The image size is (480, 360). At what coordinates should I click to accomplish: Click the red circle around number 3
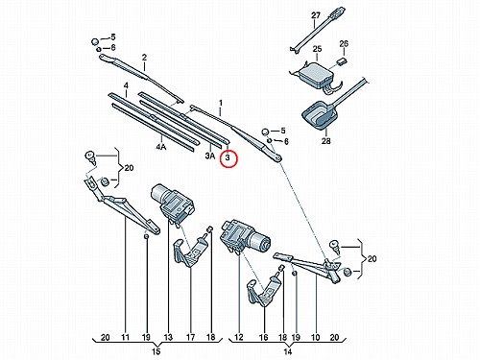228,158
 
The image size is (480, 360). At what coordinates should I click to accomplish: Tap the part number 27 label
316,15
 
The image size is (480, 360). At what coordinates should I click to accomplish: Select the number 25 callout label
317,49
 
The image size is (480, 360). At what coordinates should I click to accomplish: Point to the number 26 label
344,43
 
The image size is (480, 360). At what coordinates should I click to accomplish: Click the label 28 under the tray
325,140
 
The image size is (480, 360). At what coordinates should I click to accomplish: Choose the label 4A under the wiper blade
161,147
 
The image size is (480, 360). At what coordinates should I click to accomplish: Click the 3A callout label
210,156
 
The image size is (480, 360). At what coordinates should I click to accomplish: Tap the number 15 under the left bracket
156,351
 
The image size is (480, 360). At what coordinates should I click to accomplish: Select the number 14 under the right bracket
288,351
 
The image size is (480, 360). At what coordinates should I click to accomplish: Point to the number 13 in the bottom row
168,337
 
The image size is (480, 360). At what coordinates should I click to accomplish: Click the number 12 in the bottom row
239,337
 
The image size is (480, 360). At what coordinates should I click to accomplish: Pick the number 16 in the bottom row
263,337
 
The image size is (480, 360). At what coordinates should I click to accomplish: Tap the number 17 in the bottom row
190,337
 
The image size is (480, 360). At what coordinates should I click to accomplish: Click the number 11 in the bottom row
125,337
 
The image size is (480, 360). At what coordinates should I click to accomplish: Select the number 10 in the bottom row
316,337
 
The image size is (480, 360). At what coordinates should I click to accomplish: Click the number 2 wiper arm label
144,58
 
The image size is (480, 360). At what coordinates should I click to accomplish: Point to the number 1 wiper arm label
221,103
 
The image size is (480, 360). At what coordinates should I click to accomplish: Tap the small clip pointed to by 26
342,61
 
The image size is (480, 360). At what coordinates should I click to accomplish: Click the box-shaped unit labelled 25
315,75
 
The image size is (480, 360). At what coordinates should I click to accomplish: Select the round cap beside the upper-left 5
95,41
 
